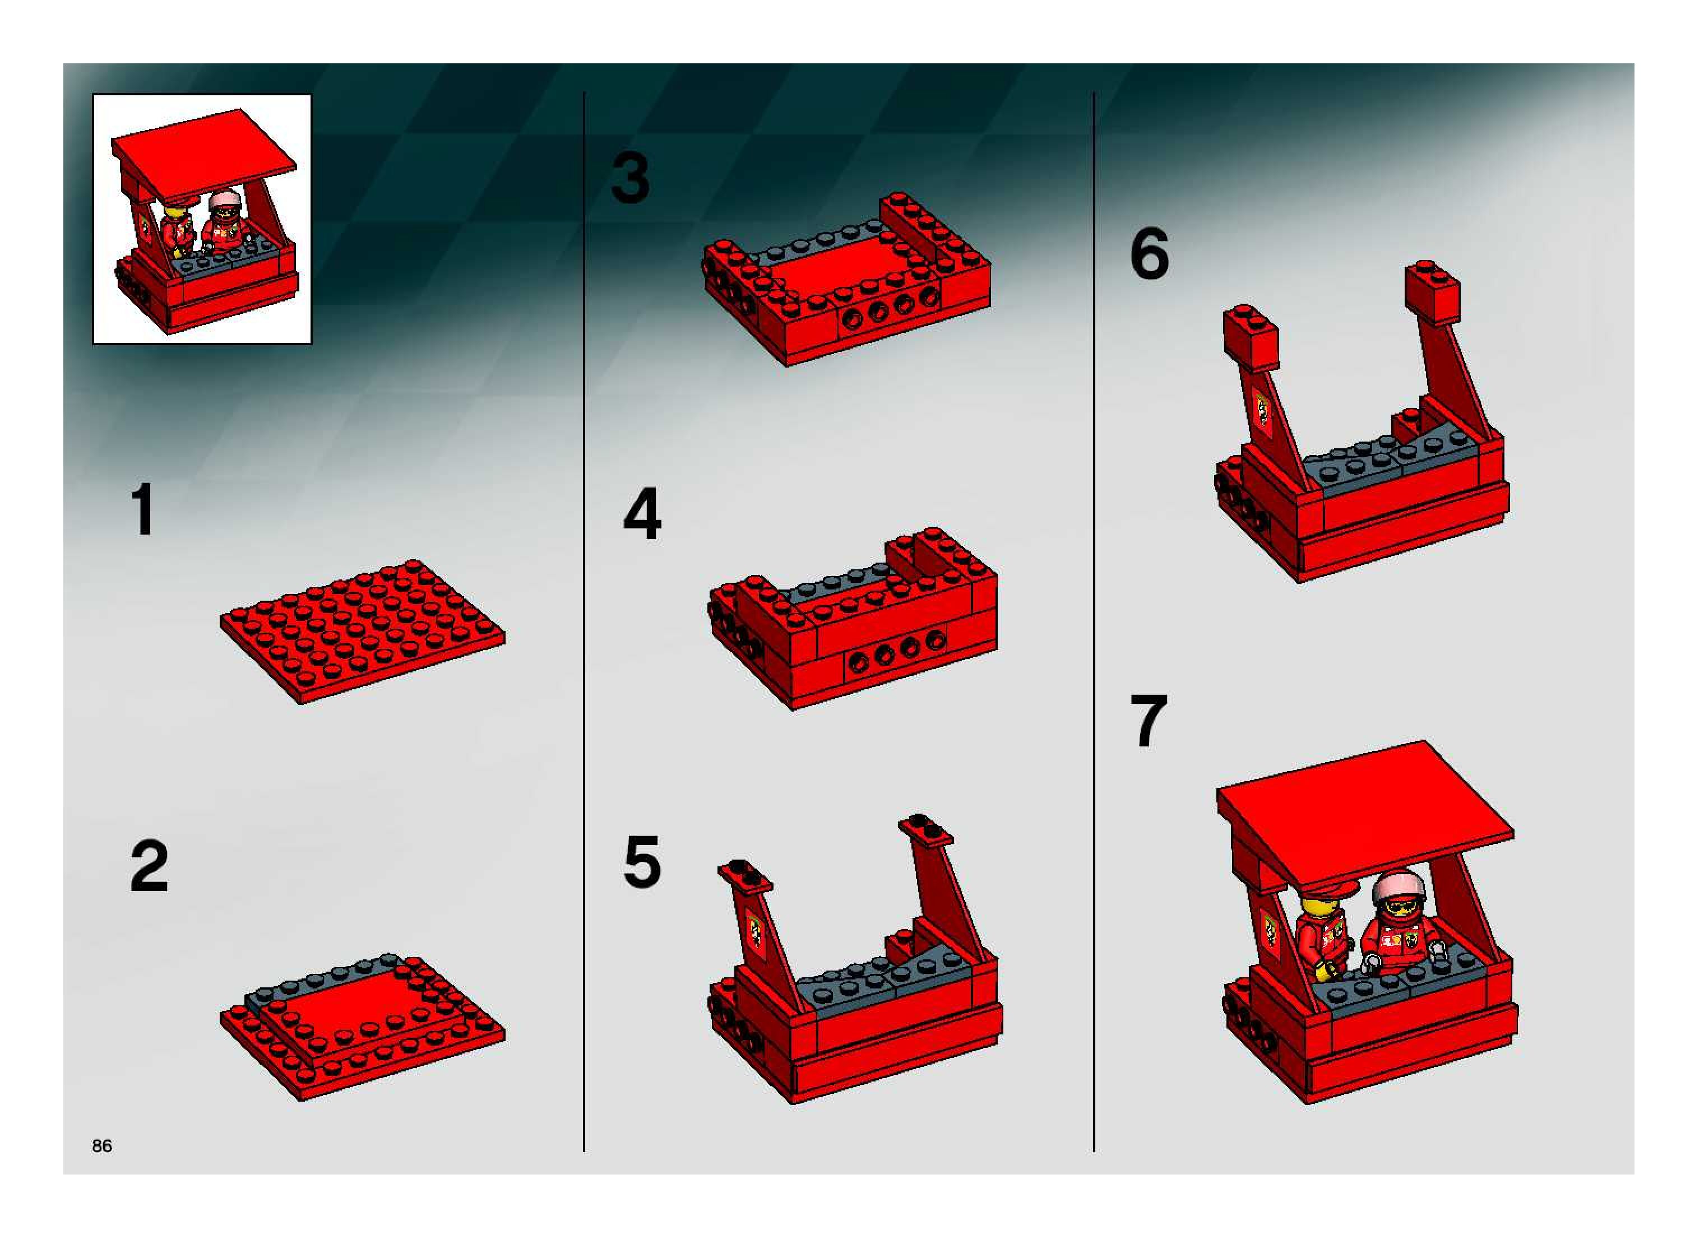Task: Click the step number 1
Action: [x=143, y=510]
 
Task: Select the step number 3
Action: [x=630, y=178]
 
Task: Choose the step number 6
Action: [x=1150, y=253]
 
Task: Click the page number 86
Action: [x=101, y=1145]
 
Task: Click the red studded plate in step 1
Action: [x=362, y=631]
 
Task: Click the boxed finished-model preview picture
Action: [x=202, y=219]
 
